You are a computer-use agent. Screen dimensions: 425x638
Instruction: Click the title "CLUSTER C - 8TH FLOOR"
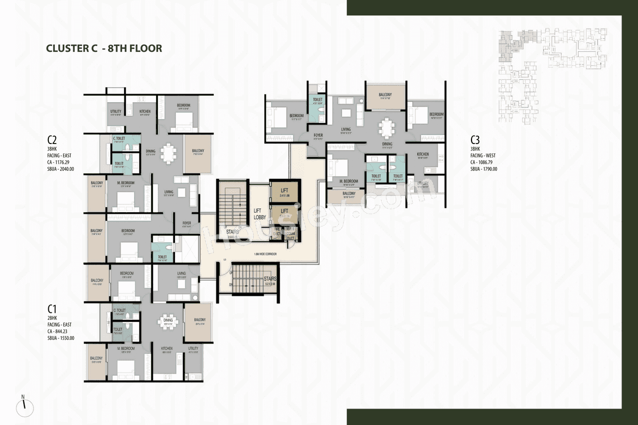pyautogui.click(x=104, y=48)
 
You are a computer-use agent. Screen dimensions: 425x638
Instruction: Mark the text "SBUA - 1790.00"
pyautogui.click(x=483, y=169)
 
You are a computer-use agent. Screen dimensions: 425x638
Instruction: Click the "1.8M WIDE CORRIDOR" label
pyautogui.click(x=265, y=254)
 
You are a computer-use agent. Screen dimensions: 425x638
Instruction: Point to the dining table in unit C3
pyautogui.click(x=387, y=128)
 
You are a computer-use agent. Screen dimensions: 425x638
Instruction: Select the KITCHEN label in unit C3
pyautogui.click(x=423, y=154)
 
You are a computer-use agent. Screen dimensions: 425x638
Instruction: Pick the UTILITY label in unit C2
pyautogui.click(x=116, y=111)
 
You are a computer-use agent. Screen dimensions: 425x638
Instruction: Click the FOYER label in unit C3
pyautogui.click(x=318, y=135)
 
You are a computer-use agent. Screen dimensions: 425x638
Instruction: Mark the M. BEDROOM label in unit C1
pyautogui.click(x=126, y=348)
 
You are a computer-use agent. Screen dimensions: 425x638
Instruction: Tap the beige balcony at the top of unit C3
pyautogui.click(x=385, y=96)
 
